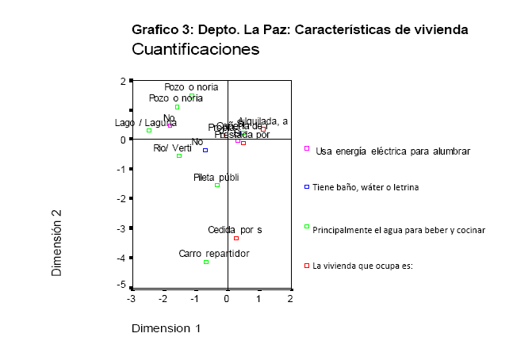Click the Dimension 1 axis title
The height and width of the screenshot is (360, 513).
[x=166, y=327]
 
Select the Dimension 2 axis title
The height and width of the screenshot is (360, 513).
[x=57, y=242]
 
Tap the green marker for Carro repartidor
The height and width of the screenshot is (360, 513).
[x=206, y=262]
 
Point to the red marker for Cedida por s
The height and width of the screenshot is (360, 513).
[x=236, y=238]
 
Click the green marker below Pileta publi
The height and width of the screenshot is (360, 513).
[x=217, y=185]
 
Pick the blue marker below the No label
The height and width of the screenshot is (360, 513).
[x=205, y=150]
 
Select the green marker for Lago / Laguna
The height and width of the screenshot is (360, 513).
[x=149, y=130]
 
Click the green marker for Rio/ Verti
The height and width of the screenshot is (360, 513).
[x=179, y=155]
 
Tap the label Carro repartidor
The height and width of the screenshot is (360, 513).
[x=214, y=254]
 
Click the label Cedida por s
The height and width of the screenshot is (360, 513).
[x=235, y=230]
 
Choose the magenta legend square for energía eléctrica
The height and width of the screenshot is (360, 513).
[x=307, y=148]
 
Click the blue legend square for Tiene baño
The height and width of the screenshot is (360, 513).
[x=307, y=187]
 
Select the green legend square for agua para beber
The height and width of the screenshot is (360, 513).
[x=307, y=227]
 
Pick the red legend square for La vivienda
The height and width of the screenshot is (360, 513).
[x=307, y=266]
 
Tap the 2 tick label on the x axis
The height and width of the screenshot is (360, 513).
[x=290, y=299]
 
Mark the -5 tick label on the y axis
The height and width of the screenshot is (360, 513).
[x=121, y=284]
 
